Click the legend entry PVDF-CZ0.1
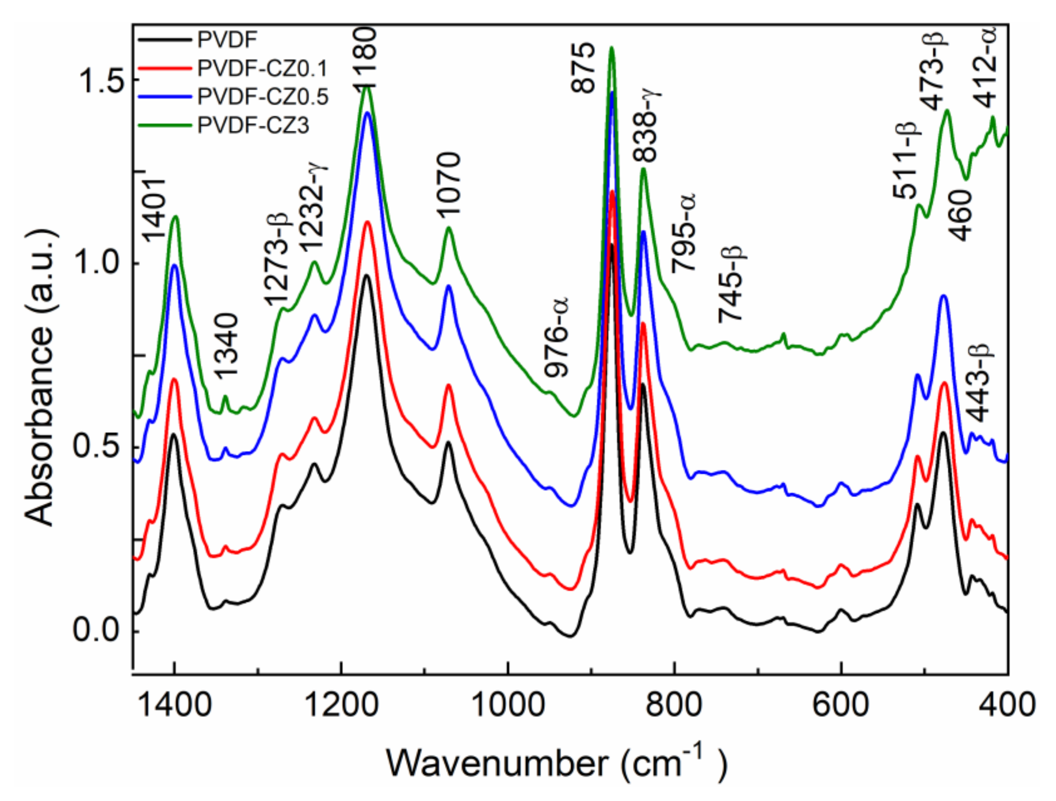tap(262, 69)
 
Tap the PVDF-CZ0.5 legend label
tap(263, 97)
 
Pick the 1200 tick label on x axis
tap(341, 706)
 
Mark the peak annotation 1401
tap(154, 210)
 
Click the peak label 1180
tap(366, 57)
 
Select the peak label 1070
tap(448, 184)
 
